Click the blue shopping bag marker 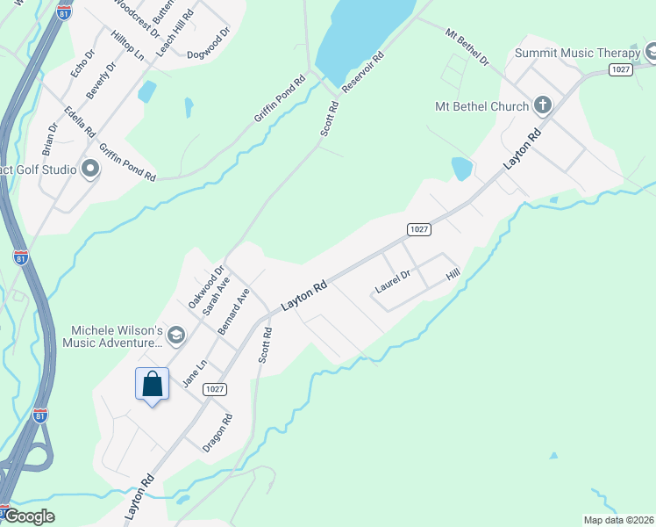coord(152,384)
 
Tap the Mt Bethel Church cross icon coord(543,106)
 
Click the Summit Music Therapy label coord(578,53)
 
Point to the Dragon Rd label coord(217,433)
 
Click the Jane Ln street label coord(194,373)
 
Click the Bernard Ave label coord(233,309)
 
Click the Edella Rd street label coord(79,122)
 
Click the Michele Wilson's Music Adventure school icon coord(176,335)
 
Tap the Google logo coord(31,516)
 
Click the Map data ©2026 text coord(618,519)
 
